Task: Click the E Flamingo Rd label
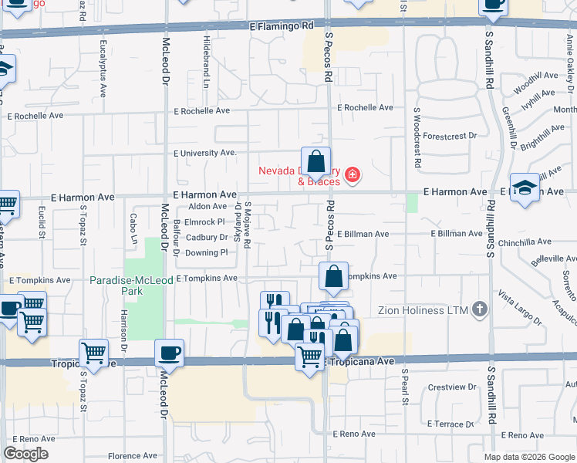point(282,25)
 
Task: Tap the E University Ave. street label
point(205,153)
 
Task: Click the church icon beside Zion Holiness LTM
point(480,310)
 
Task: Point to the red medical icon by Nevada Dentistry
point(353,176)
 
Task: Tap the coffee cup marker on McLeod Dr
point(169,353)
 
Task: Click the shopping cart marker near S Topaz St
point(93,353)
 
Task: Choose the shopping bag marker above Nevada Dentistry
point(315,162)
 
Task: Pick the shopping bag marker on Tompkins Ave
point(332,277)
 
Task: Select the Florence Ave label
point(133,456)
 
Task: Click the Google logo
point(25,454)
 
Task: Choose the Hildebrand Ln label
point(207,60)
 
